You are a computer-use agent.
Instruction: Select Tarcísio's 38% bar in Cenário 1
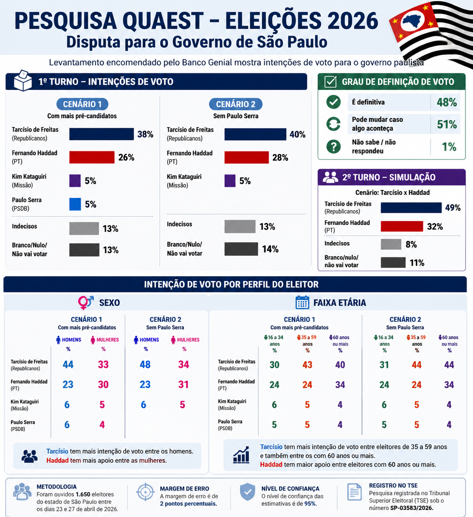101,134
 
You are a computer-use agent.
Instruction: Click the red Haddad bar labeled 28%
247,157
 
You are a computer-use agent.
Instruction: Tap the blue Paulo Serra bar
75,204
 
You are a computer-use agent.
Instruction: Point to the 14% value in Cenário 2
270,249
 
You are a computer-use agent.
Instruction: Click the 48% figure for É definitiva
447,102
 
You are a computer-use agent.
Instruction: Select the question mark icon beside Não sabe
333,147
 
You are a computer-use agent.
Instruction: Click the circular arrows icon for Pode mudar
333,124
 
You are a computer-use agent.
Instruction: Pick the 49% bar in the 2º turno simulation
411,208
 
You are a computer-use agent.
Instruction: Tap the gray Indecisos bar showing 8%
391,244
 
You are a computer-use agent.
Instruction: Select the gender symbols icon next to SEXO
86,303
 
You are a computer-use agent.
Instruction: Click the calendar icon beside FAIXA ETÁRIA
302,303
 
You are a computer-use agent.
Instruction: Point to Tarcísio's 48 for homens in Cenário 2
145,365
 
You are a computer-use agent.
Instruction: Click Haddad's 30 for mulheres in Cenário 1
103,385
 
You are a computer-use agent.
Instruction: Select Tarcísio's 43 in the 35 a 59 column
307,365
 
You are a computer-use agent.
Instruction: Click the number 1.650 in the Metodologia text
83,494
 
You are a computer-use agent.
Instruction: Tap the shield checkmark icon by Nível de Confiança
247,492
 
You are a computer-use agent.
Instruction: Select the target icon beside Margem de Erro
145,492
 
